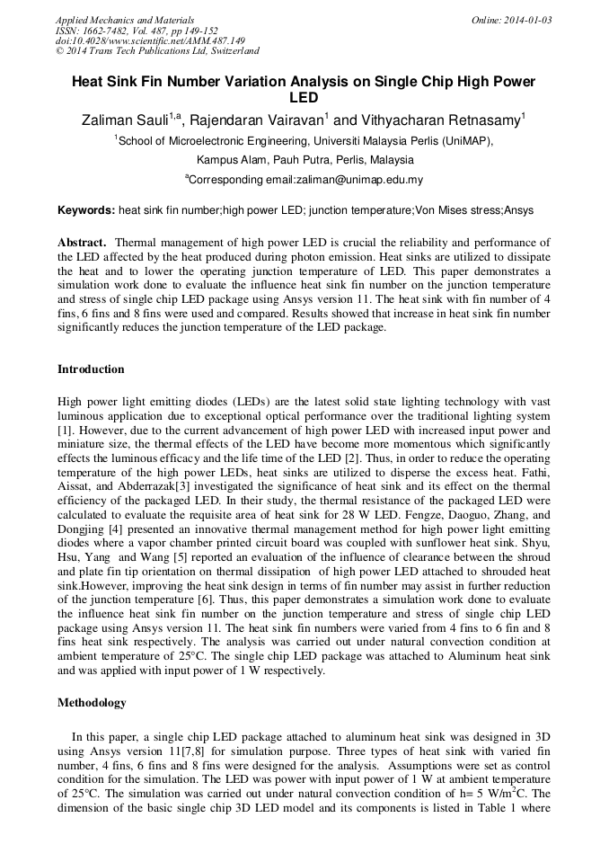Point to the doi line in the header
(x=150, y=41)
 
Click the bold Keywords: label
(x=86, y=210)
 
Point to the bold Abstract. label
(x=83, y=243)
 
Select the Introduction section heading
(x=91, y=369)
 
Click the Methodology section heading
(x=92, y=702)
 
